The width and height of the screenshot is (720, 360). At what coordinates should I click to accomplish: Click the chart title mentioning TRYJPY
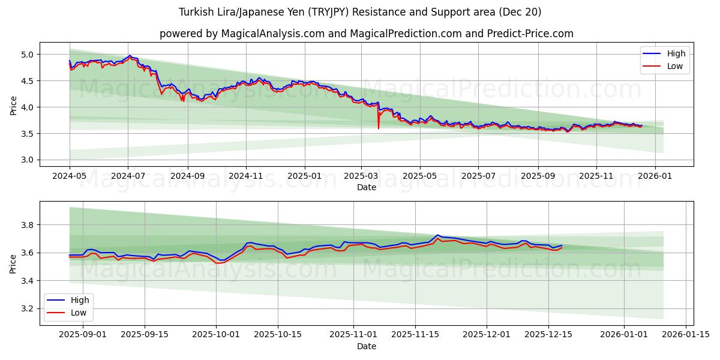pos(360,12)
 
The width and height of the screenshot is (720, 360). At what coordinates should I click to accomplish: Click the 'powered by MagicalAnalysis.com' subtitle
pos(366,34)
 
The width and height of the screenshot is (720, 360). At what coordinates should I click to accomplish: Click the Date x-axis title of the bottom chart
pos(366,346)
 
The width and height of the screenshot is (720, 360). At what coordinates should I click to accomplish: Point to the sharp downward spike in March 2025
pos(379,127)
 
